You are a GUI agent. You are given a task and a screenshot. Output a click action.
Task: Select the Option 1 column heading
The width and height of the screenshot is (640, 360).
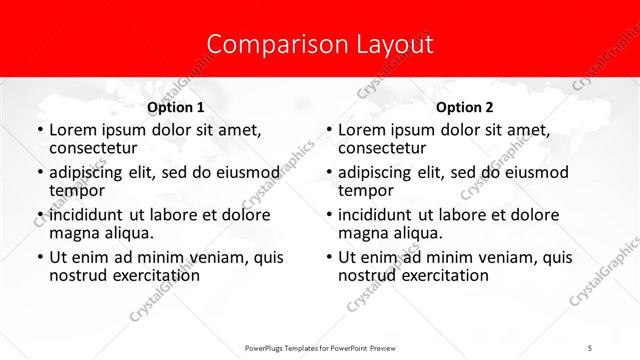tap(175, 107)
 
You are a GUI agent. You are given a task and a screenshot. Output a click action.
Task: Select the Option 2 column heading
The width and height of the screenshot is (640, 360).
tap(464, 107)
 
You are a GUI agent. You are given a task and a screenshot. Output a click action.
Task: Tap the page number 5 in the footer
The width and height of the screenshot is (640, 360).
tap(590, 346)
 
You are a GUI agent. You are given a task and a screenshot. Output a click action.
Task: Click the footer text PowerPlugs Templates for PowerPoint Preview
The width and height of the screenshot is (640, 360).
tap(320, 346)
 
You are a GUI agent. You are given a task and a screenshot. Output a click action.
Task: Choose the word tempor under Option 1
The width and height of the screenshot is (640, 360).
tap(75, 190)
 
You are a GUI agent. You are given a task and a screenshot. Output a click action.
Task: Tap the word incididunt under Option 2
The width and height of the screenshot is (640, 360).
tap(381, 214)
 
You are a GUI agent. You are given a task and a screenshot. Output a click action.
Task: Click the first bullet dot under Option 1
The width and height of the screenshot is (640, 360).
tap(38, 131)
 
